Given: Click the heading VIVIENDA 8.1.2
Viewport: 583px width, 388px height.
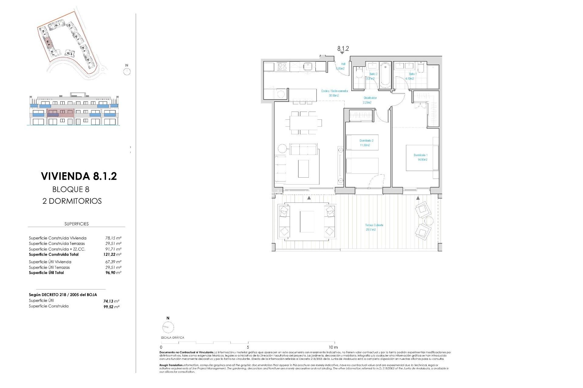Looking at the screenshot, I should click(79, 176).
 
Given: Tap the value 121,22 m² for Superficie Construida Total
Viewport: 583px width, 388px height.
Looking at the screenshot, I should click(112, 255).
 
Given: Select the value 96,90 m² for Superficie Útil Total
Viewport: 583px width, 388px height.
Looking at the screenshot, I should click(113, 273).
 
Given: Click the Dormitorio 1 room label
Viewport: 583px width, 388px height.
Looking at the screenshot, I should click(421, 157).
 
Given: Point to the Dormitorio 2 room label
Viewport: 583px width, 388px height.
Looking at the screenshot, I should click(366, 143).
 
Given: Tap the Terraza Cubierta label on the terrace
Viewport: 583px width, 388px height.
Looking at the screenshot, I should click(374, 227).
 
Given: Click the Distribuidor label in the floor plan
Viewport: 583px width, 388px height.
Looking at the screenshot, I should click(370, 100).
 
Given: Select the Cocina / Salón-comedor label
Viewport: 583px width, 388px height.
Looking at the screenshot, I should click(334, 93).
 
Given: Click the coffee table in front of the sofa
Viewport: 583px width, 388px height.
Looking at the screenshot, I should click(303, 169).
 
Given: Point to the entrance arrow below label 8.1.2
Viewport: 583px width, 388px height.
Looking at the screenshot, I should click(342, 53).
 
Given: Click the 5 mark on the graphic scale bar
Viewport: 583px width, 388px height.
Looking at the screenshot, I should click(248, 347).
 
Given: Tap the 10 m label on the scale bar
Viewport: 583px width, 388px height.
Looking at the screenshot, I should click(333, 347).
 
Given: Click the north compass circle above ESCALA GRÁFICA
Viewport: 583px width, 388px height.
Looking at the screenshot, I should click(168, 327).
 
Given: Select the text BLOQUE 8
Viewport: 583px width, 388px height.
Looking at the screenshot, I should click(71, 189).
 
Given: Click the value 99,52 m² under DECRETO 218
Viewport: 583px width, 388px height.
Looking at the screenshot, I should click(111, 307).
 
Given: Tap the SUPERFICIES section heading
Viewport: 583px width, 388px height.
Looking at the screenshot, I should click(77, 224).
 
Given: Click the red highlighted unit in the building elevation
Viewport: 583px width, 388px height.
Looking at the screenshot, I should click(61, 113).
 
